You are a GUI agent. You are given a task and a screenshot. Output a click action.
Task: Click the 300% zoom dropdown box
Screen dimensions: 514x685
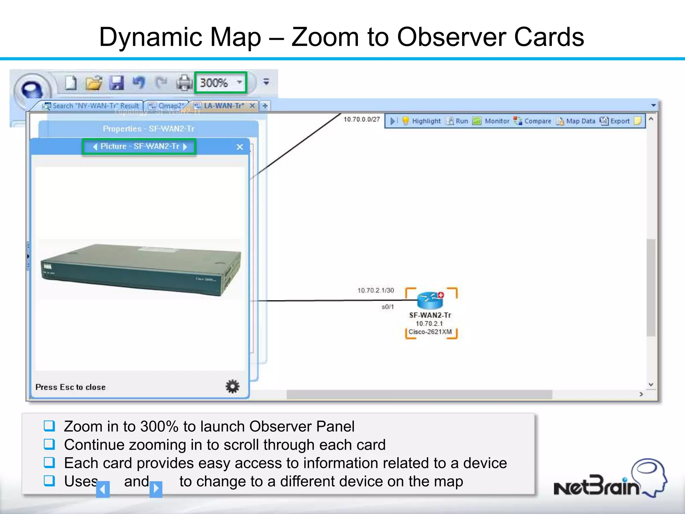click(x=220, y=83)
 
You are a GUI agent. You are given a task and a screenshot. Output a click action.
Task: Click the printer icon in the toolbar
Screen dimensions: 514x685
click(x=184, y=83)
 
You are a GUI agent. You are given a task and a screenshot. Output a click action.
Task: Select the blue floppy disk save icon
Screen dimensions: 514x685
click(x=116, y=83)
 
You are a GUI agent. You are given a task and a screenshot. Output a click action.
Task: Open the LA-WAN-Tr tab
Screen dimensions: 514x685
click(x=224, y=106)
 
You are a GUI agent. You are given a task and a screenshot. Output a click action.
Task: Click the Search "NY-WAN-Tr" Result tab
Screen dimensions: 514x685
click(x=91, y=106)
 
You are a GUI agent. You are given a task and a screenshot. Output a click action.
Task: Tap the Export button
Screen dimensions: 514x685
click(x=615, y=121)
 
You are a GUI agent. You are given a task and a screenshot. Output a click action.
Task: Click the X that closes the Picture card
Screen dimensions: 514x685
click(x=239, y=147)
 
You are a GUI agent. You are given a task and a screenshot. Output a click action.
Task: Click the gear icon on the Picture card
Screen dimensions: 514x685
click(x=232, y=387)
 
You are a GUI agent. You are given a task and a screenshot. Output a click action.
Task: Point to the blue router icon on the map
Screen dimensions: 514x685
click(x=430, y=300)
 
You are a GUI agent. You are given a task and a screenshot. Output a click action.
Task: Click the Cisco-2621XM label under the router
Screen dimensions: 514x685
click(x=430, y=332)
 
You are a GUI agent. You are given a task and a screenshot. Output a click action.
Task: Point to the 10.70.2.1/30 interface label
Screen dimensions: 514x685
click(x=376, y=290)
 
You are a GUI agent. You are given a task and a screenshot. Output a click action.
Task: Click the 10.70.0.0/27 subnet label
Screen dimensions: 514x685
click(x=362, y=119)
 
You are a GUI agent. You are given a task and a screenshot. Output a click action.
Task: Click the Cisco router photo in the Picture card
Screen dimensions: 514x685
click(x=140, y=269)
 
